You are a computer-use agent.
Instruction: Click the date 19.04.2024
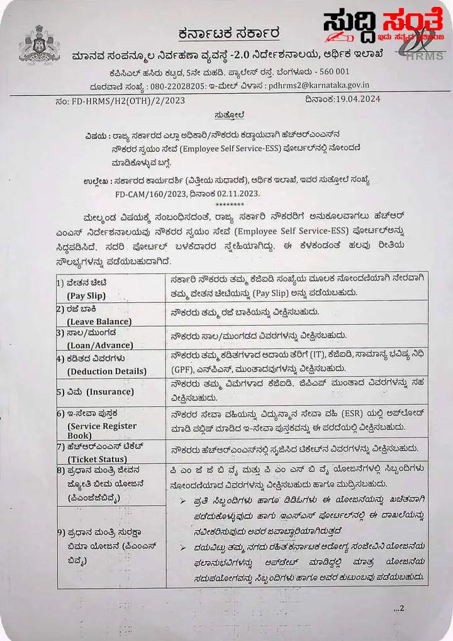pos(352,99)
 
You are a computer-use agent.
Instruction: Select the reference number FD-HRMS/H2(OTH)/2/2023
pos(122,99)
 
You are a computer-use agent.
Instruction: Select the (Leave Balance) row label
pos(99,321)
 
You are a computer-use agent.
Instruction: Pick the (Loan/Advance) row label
pos(100,345)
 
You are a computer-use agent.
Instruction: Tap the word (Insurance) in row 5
pos(110,392)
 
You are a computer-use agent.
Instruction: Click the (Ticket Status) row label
pos(98,459)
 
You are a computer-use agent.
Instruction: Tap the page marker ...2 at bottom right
pos(399,608)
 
